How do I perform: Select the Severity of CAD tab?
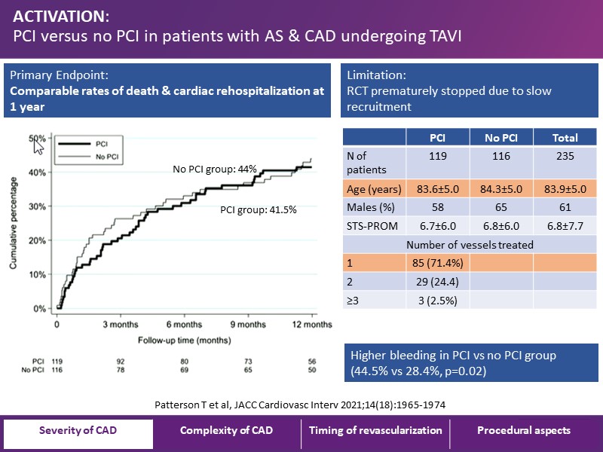78,431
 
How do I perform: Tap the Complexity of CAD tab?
226,431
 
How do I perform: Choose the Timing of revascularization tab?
375,431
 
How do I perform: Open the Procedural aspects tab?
524,431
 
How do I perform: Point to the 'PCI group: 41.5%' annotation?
258,210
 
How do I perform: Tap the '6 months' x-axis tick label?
183,325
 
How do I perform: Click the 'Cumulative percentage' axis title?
14,224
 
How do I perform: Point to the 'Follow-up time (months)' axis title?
183,341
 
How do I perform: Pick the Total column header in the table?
565,138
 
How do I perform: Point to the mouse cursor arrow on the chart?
38,145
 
